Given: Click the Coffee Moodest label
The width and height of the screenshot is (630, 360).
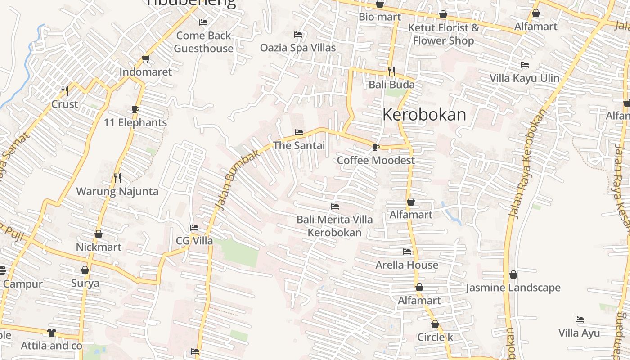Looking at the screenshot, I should pyautogui.click(x=376, y=160).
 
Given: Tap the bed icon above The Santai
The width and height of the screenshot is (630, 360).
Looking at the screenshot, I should pyautogui.click(x=298, y=132).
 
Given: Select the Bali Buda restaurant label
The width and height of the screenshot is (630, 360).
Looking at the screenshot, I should pyautogui.click(x=391, y=85).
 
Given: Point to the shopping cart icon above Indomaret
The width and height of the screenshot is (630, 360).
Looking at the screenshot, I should pyautogui.click(x=145, y=58).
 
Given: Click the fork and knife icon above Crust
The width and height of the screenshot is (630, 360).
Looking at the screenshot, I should pyautogui.click(x=65, y=91).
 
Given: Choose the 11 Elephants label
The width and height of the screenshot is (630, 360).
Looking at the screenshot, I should pyautogui.click(x=135, y=122).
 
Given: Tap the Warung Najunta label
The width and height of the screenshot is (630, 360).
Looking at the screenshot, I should pyautogui.click(x=117, y=191).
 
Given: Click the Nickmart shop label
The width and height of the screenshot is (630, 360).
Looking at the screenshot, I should pyautogui.click(x=99, y=247).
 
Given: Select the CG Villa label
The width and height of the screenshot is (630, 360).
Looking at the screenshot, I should pyautogui.click(x=194, y=241).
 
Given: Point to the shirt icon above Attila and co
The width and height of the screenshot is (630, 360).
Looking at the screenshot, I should pyautogui.click(x=52, y=333).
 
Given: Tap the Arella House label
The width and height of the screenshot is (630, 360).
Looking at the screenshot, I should pyautogui.click(x=407, y=265).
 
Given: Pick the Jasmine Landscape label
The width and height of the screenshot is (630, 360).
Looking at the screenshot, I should pyautogui.click(x=513, y=288).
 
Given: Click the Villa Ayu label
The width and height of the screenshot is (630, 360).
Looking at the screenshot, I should pyautogui.click(x=579, y=333).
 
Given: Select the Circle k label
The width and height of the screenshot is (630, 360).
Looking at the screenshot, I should pyautogui.click(x=435, y=337).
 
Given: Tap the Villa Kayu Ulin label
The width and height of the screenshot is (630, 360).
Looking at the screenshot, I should pyautogui.click(x=524, y=78).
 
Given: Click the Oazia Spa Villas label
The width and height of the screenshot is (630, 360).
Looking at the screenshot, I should pyautogui.click(x=298, y=47).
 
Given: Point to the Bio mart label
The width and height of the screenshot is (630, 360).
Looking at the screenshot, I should pyautogui.click(x=380, y=17).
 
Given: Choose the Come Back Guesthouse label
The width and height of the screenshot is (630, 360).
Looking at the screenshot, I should pyautogui.click(x=203, y=42).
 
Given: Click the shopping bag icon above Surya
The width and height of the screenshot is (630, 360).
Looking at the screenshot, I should pyautogui.click(x=85, y=270).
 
